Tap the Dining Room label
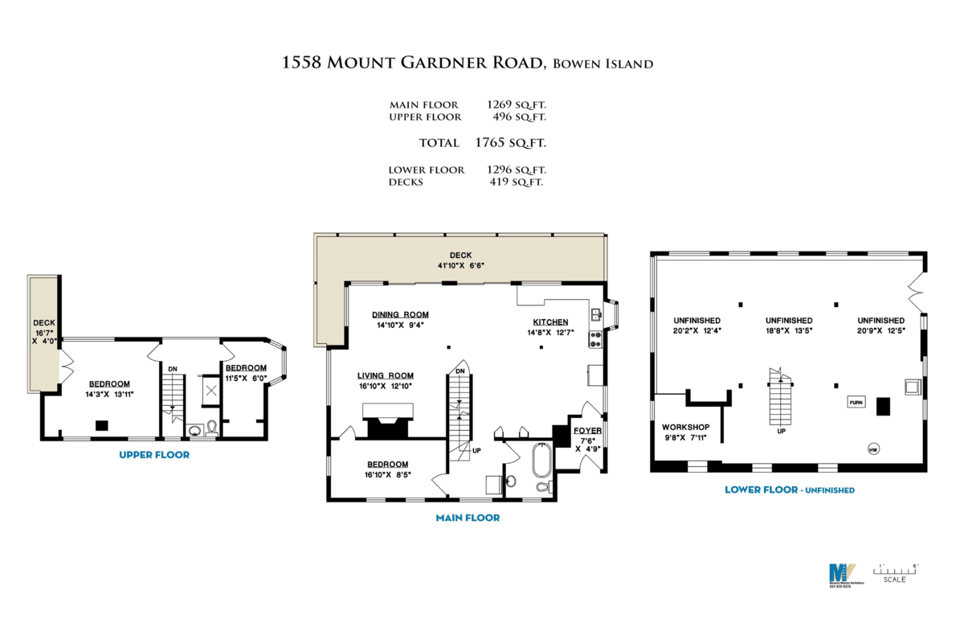point(400,314)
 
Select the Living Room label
point(386,375)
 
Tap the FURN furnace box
point(856,402)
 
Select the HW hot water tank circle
point(872,449)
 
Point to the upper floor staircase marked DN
point(173,394)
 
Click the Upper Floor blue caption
point(154,455)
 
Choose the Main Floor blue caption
point(468,518)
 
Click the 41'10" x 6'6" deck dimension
point(461,265)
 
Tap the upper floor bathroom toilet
point(211,426)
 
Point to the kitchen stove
point(595,338)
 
